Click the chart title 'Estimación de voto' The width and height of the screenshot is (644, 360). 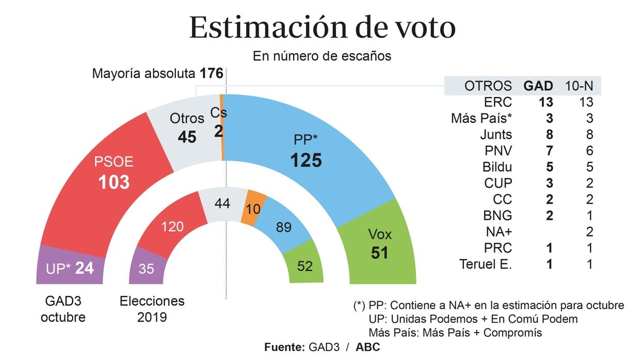(x=322, y=28)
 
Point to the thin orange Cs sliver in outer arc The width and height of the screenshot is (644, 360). (x=222, y=129)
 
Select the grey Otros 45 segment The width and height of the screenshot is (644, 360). (x=187, y=129)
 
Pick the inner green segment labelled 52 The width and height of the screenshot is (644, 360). (x=304, y=266)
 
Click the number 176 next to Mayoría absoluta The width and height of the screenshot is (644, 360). (x=212, y=73)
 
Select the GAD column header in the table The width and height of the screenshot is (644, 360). (x=538, y=86)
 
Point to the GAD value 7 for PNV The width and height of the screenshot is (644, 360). (x=549, y=151)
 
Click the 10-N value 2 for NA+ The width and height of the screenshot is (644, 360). (x=589, y=232)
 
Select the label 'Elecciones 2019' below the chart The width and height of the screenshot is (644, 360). (x=152, y=308)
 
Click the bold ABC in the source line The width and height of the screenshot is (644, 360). (x=367, y=347)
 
